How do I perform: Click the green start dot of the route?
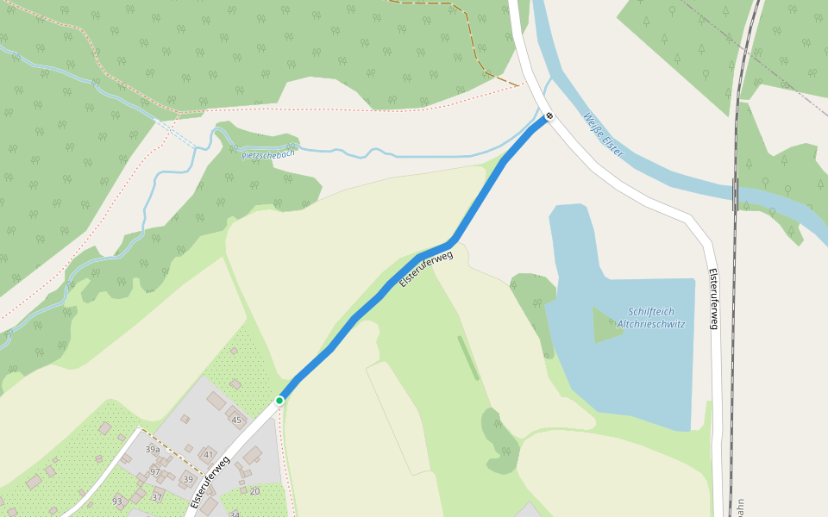point(279,401)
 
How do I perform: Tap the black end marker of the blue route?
point(549,115)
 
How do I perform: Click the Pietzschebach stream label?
point(269,154)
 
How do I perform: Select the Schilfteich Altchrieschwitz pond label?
point(651,318)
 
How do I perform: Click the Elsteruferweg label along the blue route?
point(425,270)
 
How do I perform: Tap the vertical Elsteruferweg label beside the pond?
point(713,299)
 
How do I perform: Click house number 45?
point(236,420)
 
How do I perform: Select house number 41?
point(208,453)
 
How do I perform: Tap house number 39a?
point(153,450)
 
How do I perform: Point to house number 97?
point(155,471)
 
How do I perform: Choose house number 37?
point(157,497)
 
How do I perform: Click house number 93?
point(118,501)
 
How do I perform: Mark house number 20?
point(254,491)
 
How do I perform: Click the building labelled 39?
point(188,479)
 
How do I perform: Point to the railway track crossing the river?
point(736,194)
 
